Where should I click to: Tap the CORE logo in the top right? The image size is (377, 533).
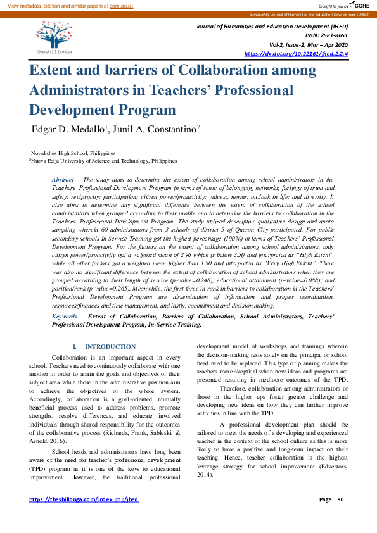pos(359,5)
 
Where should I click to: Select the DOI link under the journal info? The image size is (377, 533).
pos(296,54)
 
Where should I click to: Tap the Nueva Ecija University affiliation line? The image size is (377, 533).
pos(105,161)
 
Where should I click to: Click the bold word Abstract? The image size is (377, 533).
pos(63,180)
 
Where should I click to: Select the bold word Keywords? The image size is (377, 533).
pos(65,315)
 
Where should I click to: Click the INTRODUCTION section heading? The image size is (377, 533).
pos(110,347)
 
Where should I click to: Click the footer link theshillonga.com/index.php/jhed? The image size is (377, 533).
pos(84,499)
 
